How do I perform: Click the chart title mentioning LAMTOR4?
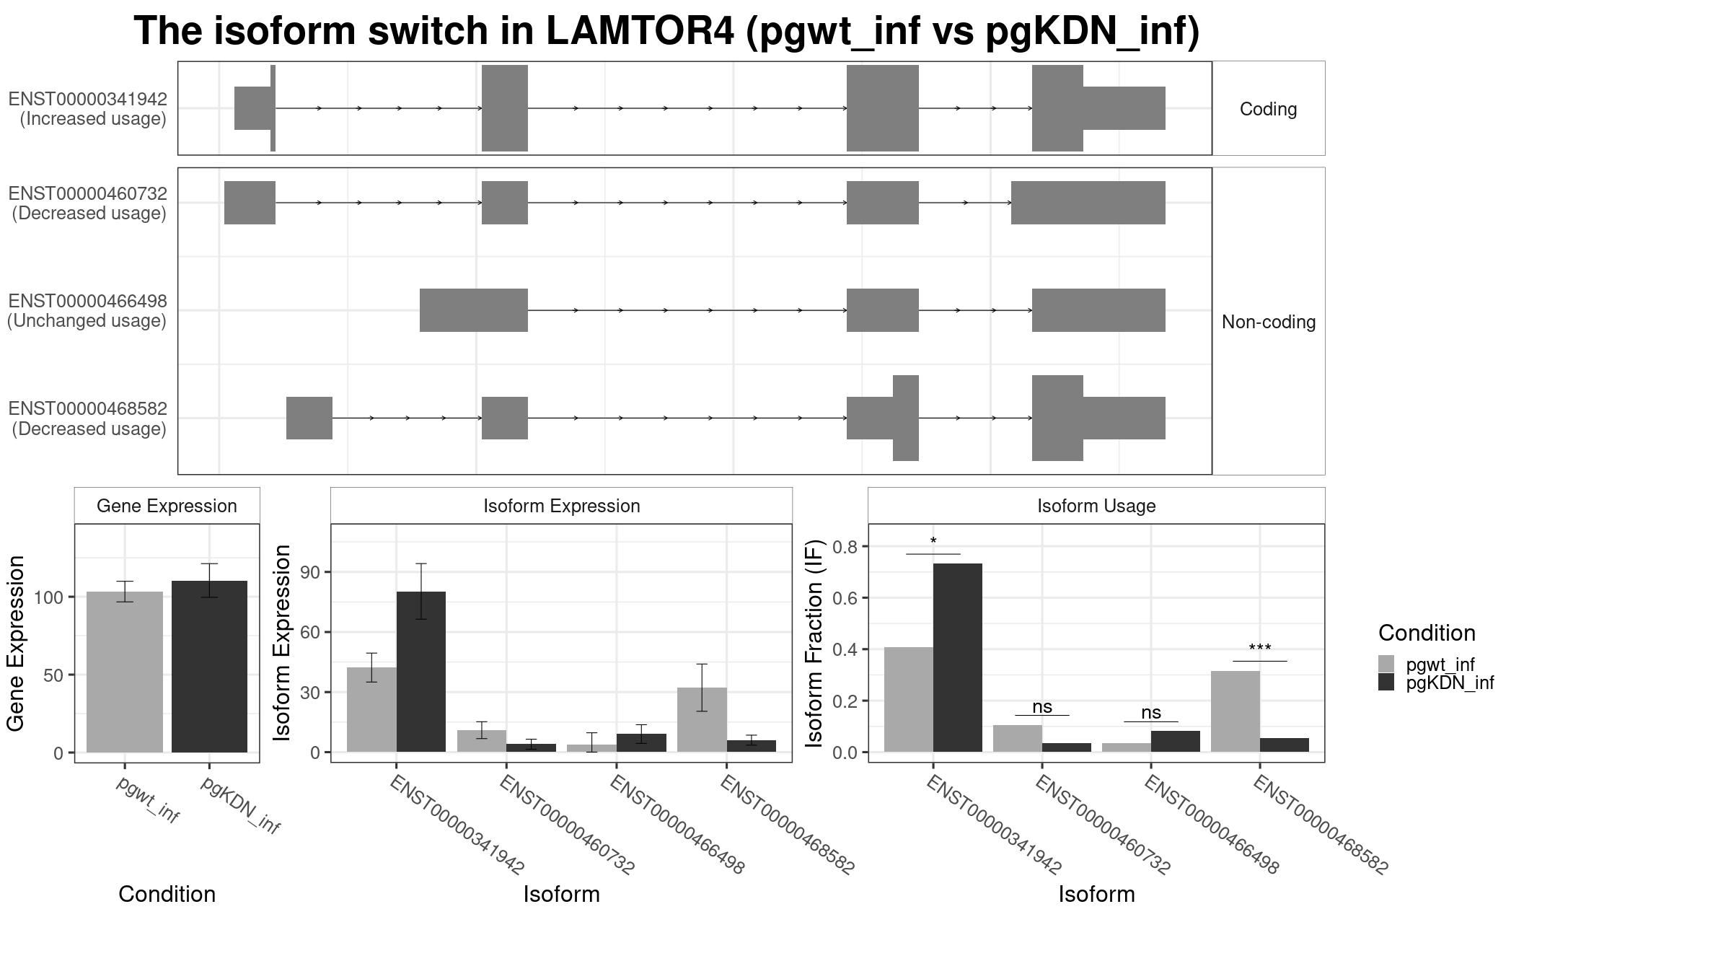(666, 31)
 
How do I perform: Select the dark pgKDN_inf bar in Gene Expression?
(209, 667)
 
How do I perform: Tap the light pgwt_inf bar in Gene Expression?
(124, 672)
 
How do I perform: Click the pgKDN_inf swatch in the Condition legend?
(1386, 683)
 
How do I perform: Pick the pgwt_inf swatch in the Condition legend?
(1386, 664)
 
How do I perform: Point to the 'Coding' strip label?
(1268, 109)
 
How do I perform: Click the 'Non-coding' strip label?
(1268, 322)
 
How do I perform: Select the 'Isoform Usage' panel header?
(1096, 506)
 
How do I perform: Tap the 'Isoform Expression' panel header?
(562, 506)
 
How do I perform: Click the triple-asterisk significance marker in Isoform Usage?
(1259, 649)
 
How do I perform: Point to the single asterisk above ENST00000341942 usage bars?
(933, 541)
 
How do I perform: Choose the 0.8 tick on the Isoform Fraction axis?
(845, 547)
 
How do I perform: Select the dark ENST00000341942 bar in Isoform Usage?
(957, 658)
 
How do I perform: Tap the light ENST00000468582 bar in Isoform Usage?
(1235, 711)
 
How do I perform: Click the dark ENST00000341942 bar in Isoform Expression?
(420, 672)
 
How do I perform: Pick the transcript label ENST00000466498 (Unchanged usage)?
(87, 311)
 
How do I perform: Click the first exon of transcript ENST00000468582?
(309, 418)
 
